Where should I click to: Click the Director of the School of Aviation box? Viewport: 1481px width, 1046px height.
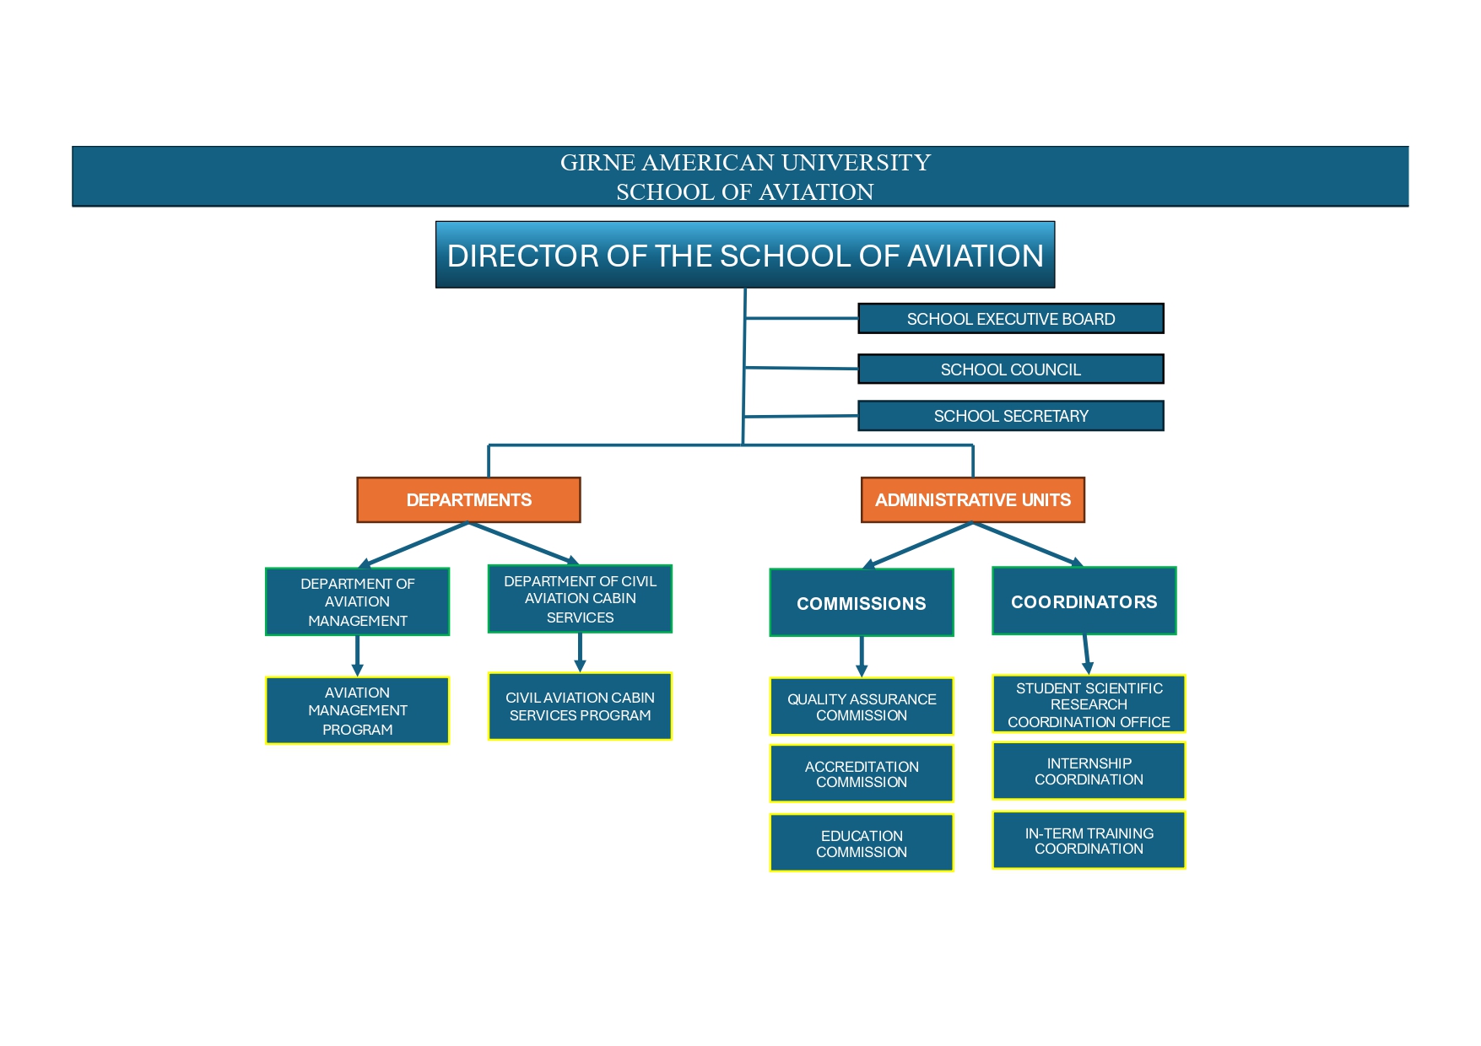tap(745, 255)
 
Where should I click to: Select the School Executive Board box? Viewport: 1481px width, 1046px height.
tap(1010, 319)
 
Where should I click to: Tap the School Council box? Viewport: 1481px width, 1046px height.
tap(1010, 369)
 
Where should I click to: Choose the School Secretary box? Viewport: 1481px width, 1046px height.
tap(1010, 416)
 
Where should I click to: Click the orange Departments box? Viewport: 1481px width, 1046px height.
tap(468, 499)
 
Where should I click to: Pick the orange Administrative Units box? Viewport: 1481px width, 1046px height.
tap(972, 499)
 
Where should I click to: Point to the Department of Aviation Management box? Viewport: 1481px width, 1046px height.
tap(357, 601)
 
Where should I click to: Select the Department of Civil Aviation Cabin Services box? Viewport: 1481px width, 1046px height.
tap(580, 599)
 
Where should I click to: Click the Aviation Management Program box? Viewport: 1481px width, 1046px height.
tap(357, 710)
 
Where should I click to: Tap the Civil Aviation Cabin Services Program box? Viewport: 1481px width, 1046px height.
tap(580, 706)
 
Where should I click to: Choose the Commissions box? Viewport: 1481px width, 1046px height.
tap(861, 602)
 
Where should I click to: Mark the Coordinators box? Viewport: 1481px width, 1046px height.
tap(1084, 601)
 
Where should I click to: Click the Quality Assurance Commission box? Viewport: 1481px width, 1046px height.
tap(861, 707)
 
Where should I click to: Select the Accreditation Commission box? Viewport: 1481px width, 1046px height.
tap(861, 774)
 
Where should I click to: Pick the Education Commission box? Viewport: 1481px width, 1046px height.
tap(861, 843)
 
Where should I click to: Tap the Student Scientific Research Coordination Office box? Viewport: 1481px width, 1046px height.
tap(1089, 704)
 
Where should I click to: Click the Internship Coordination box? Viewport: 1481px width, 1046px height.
tap(1089, 771)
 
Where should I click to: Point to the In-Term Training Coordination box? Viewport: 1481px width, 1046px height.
tap(1089, 840)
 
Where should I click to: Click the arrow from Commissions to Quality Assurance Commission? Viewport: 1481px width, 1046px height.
tap(861, 656)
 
